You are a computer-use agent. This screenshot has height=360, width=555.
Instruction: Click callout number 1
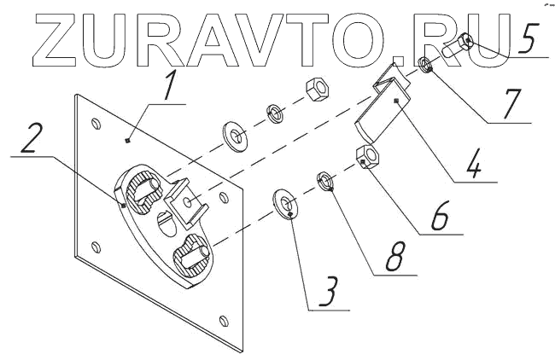(174, 84)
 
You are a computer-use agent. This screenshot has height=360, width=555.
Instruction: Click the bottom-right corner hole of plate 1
(224, 322)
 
